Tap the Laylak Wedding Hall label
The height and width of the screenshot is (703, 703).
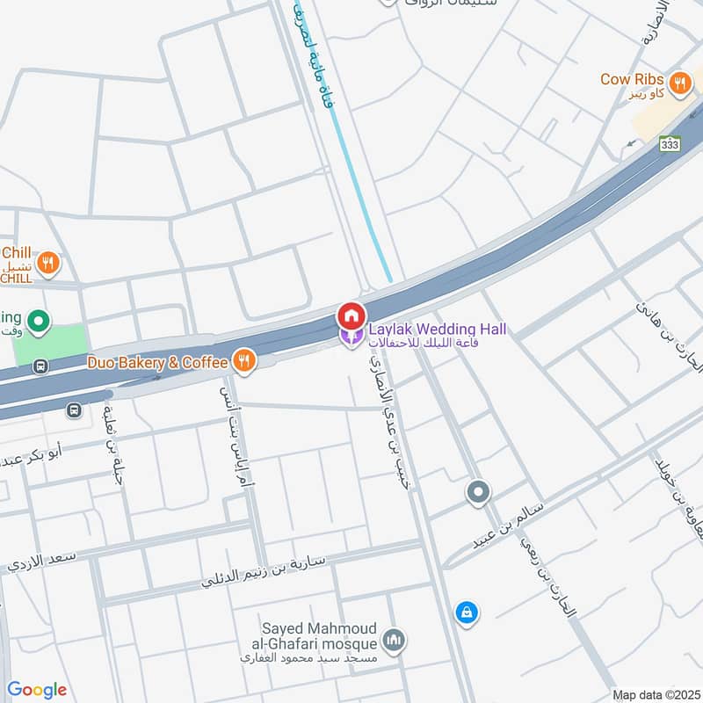(x=437, y=330)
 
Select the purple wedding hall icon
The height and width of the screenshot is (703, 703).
(x=351, y=336)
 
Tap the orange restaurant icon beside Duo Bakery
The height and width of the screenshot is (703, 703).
(x=243, y=360)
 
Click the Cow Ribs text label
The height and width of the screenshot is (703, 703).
(x=631, y=79)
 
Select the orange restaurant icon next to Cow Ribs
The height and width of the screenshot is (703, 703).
(x=678, y=84)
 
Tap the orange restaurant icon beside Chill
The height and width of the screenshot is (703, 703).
(x=49, y=262)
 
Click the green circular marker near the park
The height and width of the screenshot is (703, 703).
(x=38, y=322)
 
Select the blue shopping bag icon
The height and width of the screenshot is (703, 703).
(x=467, y=612)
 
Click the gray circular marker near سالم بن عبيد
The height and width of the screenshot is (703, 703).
(x=478, y=492)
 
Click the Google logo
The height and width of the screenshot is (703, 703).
(x=36, y=690)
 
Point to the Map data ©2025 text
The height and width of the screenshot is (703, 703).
(x=655, y=694)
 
